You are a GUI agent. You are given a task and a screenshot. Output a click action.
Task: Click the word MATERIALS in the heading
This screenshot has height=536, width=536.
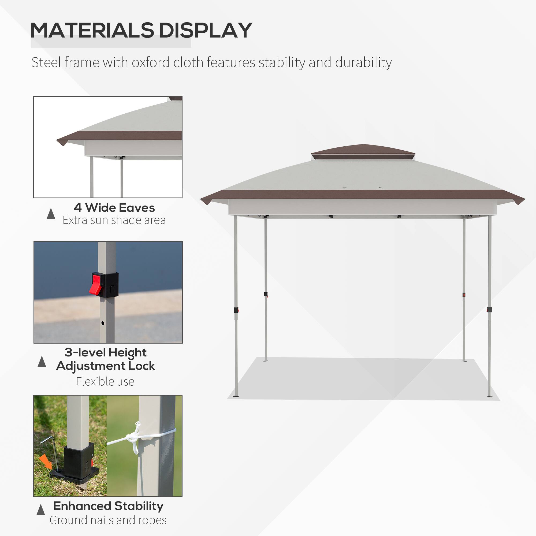click(x=92, y=30)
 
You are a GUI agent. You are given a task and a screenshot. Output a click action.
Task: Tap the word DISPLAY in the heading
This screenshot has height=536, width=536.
click(x=205, y=30)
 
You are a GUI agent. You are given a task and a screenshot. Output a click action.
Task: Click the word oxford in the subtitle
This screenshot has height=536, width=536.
click(x=150, y=62)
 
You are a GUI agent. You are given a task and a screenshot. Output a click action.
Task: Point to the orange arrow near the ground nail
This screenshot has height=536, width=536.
click(x=46, y=462)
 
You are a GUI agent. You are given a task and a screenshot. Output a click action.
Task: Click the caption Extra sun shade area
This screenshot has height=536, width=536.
click(x=114, y=220)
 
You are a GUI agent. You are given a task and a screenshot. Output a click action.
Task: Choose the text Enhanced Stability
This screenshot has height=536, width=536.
click(x=108, y=506)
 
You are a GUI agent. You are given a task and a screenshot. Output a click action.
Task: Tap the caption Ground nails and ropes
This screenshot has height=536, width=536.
click(x=108, y=520)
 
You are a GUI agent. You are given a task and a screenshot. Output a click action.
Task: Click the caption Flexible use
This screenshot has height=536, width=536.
click(x=105, y=381)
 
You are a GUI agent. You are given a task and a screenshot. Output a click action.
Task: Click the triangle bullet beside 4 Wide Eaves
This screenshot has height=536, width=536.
click(x=51, y=214)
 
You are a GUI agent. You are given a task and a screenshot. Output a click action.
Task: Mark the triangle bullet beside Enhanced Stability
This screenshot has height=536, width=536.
click(x=41, y=510)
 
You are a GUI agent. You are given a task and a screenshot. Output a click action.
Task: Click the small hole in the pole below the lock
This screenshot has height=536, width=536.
click(x=103, y=323)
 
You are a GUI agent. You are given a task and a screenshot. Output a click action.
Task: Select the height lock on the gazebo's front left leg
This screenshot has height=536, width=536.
click(x=236, y=310)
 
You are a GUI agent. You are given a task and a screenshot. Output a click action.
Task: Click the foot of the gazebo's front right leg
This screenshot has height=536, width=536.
click(x=489, y=396)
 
